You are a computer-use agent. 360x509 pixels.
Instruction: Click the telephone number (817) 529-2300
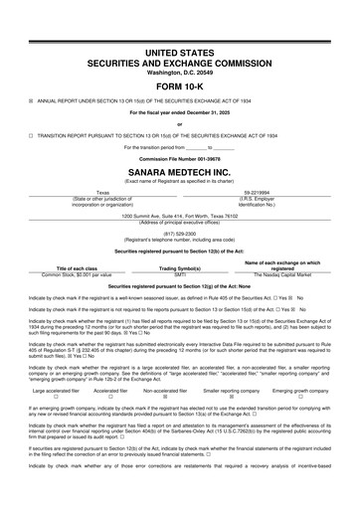pos(179,234)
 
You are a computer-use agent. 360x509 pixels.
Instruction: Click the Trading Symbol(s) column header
pos(181,267)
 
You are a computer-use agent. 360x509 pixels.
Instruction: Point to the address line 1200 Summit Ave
pos(179,215)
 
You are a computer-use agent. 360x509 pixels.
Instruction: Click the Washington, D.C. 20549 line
pos(179,70)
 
